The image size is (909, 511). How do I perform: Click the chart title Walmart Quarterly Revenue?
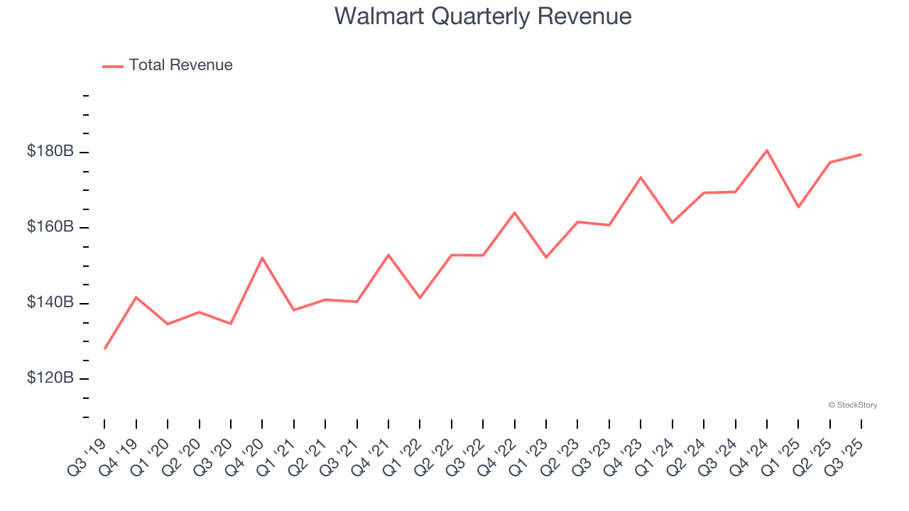[483, 16]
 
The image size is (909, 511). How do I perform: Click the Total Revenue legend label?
[180, 65]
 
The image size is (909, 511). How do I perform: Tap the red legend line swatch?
[113, 66]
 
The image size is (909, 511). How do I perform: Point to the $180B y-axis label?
[50, 151]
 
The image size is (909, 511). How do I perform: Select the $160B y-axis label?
[50, 227]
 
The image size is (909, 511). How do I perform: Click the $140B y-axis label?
[50, 302]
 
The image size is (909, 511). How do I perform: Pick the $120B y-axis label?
[50, 378]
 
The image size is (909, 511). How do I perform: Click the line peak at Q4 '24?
[767, 150]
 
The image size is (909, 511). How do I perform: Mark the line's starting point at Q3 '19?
[105, 348]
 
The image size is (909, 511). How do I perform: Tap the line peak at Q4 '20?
[262, 258]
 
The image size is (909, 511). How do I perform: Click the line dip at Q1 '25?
[798, 207]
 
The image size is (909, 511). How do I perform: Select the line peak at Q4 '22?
[514, 212]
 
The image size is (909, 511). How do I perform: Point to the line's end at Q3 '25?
[861, 154]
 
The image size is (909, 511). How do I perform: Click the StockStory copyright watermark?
[852, 405]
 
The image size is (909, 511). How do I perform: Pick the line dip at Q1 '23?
[546, 257]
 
